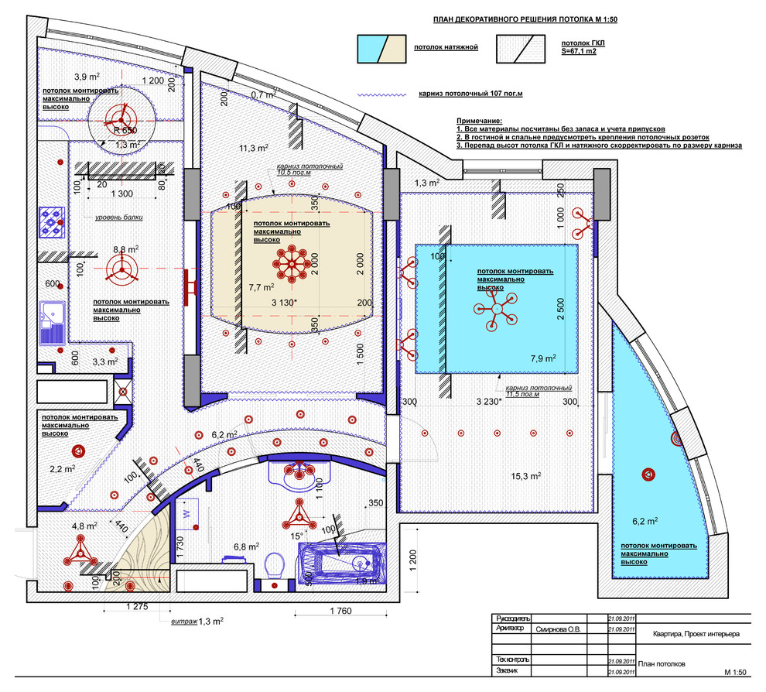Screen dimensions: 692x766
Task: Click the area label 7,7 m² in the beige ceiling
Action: (x=260, y=286)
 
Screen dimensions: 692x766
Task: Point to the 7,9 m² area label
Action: (x=543, y=358)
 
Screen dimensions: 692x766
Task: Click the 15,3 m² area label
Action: (x=525, y=476)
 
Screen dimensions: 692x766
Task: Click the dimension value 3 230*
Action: (x=490, y=402)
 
